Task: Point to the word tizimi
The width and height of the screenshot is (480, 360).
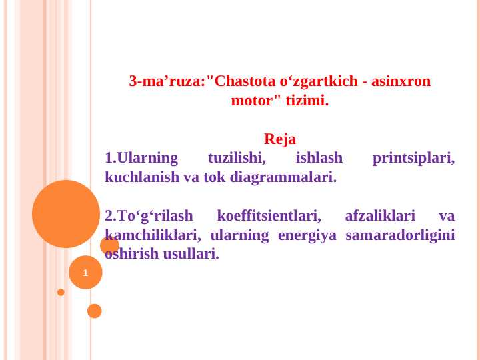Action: [x=307, y=102]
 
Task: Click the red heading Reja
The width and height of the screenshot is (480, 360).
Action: [x=280, y=140]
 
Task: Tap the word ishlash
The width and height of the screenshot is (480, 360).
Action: [x=319, y=159]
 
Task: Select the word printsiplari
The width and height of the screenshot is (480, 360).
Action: [x=413, y=159]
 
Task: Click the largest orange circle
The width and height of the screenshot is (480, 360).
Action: [x=66, y=214]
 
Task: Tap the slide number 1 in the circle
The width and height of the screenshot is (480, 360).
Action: [x=85, y=273]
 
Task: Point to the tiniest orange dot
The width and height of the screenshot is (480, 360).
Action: [x=61, y=292]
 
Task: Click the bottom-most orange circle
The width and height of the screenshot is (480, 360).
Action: [x=95, y=311]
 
